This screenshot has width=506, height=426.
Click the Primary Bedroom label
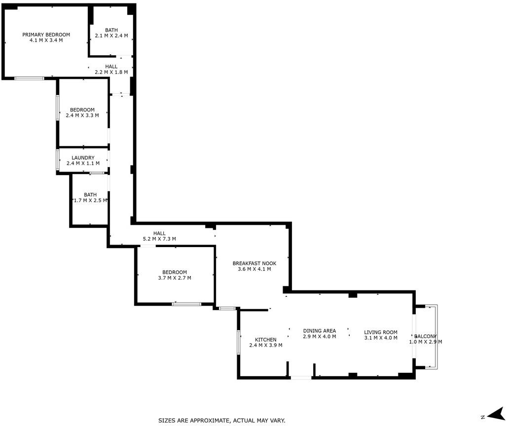(x=46, y=35)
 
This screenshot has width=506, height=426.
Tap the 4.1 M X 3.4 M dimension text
(x=46, y=40)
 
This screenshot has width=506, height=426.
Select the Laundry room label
(x=83, y=158)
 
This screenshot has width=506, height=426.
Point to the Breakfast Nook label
(x=254, y=263)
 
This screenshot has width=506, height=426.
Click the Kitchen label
(x=266, y=340)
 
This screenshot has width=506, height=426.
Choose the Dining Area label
(x=320, y=331)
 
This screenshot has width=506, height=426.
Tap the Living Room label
(x=381, y=332)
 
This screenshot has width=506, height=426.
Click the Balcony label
(x=425, y=336)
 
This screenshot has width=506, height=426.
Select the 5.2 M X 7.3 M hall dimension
(x=159, y=239)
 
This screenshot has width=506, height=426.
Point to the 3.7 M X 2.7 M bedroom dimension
(x=175, y=278)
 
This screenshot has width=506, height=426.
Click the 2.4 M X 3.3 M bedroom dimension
(x=82, y=115)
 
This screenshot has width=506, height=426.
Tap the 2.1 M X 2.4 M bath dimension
(x=111, y=35)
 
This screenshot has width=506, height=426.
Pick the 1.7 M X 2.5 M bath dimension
(x=90, y=200)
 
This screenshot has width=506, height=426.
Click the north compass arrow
(x=495, y=414)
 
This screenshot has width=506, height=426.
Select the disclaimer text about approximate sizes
(x=222, y=421)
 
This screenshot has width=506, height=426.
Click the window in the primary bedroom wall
(x=30, y=78)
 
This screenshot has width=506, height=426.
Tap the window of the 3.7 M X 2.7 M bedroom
(x=186, y=304)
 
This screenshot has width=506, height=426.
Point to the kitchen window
(x=239, y=342)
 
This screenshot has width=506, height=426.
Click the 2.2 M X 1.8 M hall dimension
(x=111, y=72)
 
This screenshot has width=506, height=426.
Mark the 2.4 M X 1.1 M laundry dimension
(x=83, y=163)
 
